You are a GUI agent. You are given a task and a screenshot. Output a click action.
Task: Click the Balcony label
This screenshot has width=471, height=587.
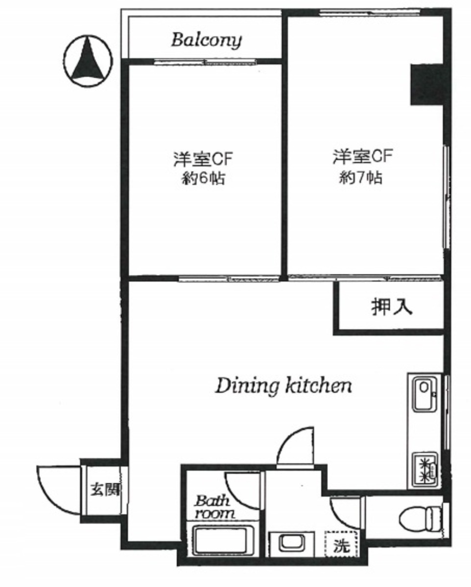pos(207,40)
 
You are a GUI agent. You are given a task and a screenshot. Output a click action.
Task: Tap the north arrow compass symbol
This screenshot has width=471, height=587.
pos(88,61)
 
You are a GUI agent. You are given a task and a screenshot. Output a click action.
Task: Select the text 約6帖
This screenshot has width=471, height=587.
pos(203,179)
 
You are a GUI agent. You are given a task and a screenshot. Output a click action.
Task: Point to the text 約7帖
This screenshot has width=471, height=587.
pos(360,178)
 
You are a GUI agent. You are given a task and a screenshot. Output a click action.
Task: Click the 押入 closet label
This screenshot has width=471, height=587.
pos(392,307)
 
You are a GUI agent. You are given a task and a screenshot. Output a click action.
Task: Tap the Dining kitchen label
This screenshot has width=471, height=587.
pos(283,386)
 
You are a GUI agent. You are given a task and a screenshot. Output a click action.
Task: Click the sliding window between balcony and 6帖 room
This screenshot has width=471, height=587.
pos(205,62)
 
